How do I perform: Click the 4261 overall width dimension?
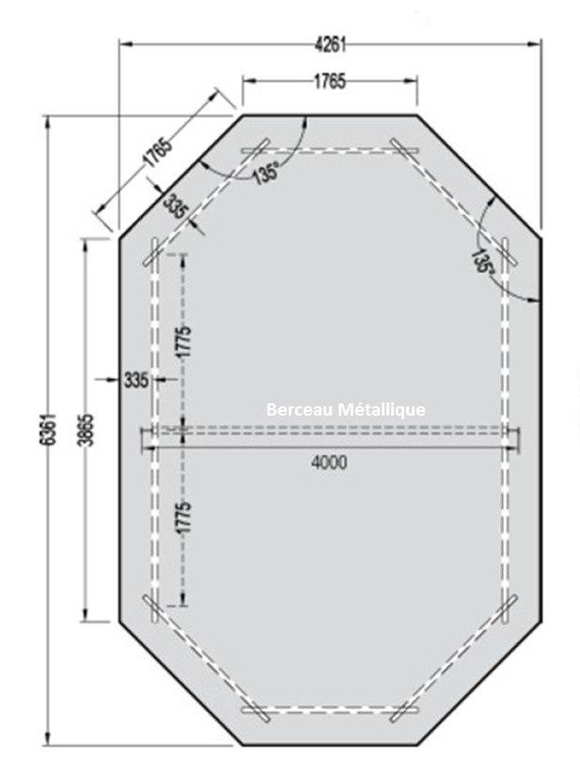(x=330, y=44)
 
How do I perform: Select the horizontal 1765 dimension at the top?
(x=330, y=81)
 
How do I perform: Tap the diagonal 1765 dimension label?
(x=158, y=153)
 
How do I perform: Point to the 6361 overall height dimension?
(x=48, y=430)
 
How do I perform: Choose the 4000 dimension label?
(x=329, y=463)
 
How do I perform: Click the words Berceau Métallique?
(x=346, y=409)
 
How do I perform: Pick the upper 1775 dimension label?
(x=183, y=341)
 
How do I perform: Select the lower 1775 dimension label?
(x=183, y=517)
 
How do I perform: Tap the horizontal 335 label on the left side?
(x=135, y=380)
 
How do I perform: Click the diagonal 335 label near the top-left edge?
(x=176, y=206)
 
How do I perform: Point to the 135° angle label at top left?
(x=266, y=173)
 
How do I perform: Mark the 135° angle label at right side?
(x=482, y=261)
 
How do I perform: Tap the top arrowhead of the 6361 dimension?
(x=48, y=122)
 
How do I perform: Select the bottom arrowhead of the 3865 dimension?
(x=86, y=615)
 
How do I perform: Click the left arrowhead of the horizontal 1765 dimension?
(x=250, y=81)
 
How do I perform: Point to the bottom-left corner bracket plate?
(x=152, y=609)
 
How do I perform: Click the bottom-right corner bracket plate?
(x=508, y=609)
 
